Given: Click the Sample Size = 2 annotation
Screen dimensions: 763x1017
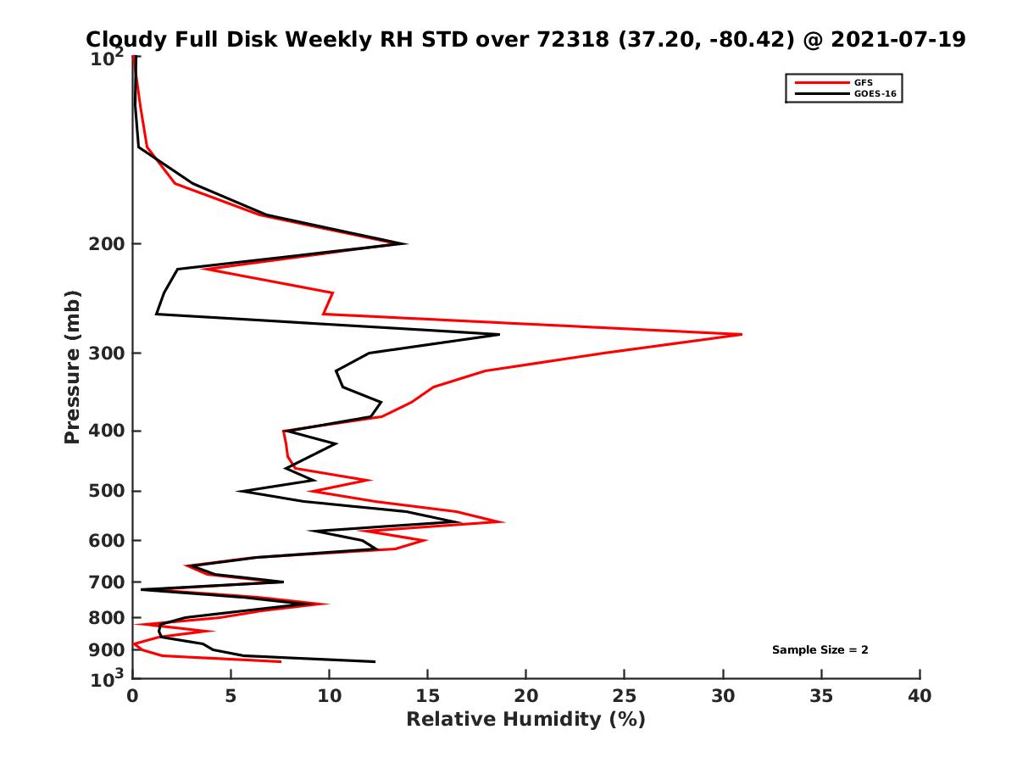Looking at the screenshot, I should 820,650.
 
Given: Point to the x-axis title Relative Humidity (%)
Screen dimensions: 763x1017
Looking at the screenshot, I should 525,720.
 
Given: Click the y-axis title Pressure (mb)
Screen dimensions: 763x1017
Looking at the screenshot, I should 72,366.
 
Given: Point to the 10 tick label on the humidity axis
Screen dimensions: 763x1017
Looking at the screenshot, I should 329,697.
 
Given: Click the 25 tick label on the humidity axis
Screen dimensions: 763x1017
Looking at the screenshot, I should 624,697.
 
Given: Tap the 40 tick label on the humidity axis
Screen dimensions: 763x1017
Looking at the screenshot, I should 919,697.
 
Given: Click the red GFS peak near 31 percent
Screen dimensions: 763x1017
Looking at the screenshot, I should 742,335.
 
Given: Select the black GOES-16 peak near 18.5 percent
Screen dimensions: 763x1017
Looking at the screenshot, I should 498,335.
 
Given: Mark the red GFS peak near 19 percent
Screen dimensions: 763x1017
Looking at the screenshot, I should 504,522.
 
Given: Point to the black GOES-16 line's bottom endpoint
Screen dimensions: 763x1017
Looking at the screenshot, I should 374,661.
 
